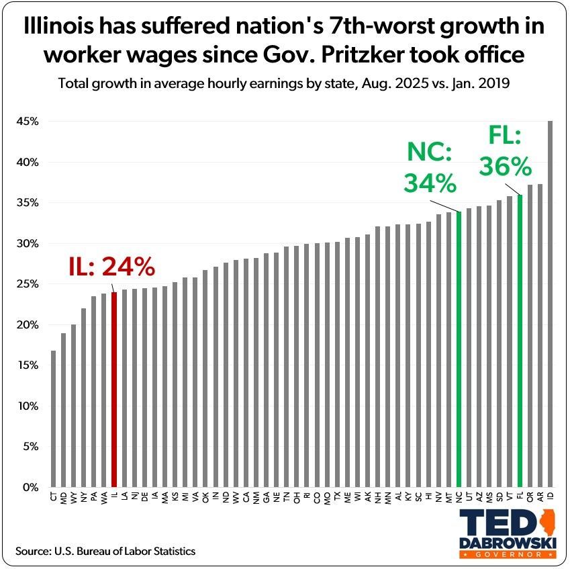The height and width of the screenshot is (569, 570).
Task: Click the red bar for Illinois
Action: (114, 390)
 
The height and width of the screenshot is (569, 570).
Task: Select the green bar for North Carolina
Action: (459, 349)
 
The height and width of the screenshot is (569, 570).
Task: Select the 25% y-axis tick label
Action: (29, 284)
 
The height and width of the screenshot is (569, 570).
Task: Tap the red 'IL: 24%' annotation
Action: (112, 267)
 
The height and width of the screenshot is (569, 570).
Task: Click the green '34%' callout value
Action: (430, 183)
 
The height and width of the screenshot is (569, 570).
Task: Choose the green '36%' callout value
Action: (506, 166)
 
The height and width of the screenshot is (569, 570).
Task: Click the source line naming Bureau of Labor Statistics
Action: (105, 551)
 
